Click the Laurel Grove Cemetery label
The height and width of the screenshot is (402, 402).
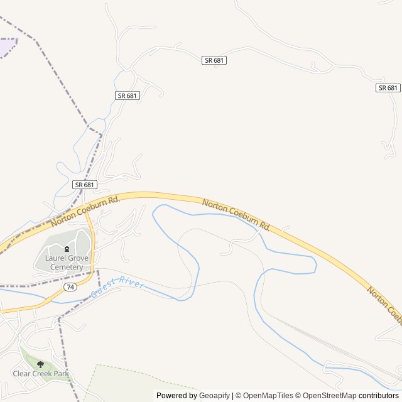(64, 262)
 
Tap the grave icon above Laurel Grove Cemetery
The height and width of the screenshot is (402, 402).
(67, 249)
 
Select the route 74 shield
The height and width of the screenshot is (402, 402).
(68, 286)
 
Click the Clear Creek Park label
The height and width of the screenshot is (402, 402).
(41, 374)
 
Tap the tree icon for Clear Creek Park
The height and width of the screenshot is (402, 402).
(41, 364)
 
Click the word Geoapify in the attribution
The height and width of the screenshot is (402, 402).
(215, 396)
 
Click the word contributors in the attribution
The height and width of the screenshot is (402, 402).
(379, 396)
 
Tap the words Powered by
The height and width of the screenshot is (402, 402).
(177, 396)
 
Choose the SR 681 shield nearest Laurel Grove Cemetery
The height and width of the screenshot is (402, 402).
(85, 185)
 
